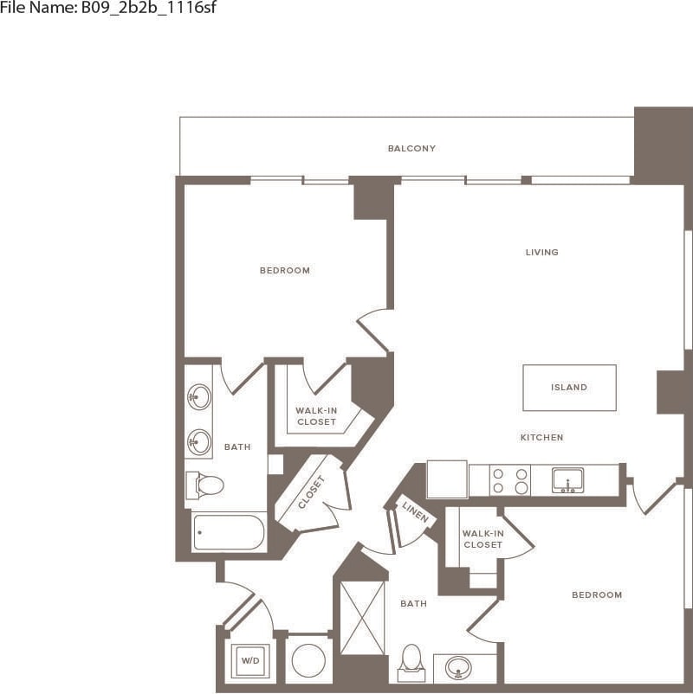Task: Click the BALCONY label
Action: (x=411, y=149)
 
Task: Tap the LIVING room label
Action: (x=542, y=253)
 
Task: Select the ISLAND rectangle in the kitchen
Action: (x=569, y=388)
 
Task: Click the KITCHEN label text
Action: (x=542, y=438)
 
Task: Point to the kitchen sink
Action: (x=567, y=480)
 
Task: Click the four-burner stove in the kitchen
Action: (x=510, y=480)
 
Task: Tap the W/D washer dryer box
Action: (x=249, y=660)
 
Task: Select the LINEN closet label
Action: (x=415, y=513)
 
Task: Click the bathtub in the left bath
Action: (x=229, y=532)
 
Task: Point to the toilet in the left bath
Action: (x=206, y=485)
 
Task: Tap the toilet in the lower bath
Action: (x=411, y=662)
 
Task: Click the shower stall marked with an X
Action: (x=362, y=617)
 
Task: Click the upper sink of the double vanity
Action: (x=199, y=397)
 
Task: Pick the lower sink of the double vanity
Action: (x=199, y=441)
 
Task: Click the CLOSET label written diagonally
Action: (x=312, y=492)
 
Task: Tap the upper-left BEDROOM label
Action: (x=284, y=271)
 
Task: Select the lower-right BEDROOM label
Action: (x=597, y=595)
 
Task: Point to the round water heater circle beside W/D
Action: (x=308, y=661)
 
